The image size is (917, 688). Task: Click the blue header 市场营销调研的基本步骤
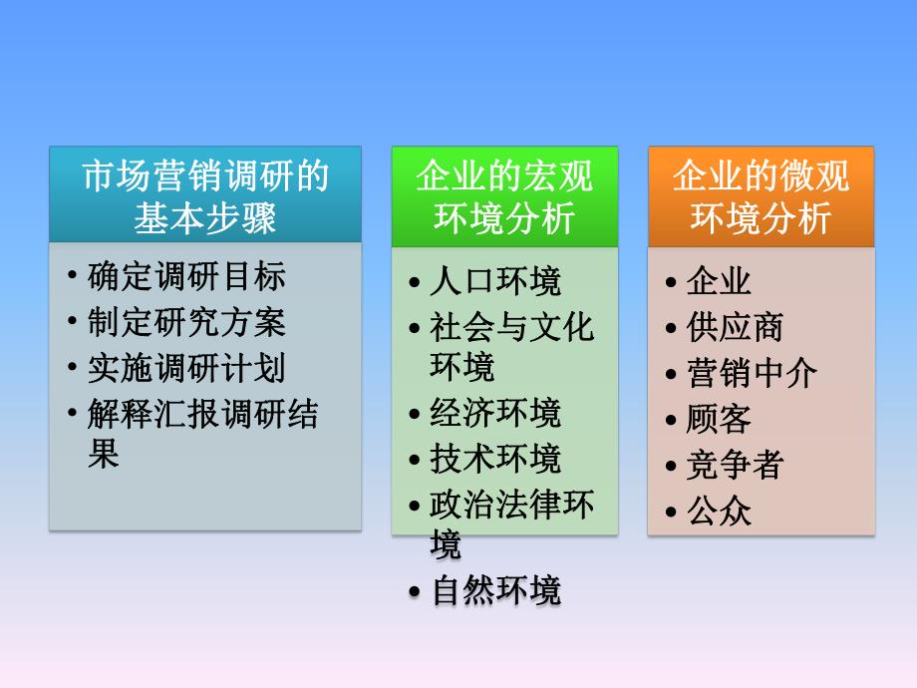(205, 194)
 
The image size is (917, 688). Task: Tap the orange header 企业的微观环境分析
(761, 196)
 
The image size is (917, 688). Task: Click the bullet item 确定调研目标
(186, 275)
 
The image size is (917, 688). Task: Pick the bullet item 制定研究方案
(186, 321)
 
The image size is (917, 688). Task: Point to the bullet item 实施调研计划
(186, 367)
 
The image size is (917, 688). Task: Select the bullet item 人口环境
(495, 281)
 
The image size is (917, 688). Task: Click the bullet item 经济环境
(495, 413)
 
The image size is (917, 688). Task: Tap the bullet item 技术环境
(495, 459)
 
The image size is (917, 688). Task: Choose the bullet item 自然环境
(495, 590)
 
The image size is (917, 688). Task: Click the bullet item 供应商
(735, 327)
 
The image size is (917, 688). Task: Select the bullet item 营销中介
(752, 373)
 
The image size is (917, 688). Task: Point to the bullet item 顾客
(719, 419)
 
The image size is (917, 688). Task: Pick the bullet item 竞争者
(735, 465)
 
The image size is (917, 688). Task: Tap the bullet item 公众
(719, 512)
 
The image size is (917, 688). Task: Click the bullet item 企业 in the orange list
(719, 281)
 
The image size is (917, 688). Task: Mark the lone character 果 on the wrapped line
(104, 455)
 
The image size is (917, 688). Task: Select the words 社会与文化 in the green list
(511, 327)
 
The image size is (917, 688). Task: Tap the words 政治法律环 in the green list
(511, 504)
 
